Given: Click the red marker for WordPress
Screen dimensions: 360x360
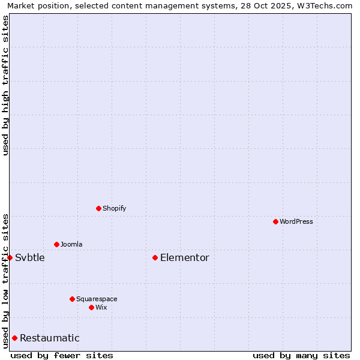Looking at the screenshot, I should (275, 221).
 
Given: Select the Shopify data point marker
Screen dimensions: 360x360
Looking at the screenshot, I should (98, 208).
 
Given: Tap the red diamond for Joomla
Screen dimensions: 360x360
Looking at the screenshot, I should (56, 244).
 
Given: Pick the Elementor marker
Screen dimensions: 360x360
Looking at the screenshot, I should (155, 257).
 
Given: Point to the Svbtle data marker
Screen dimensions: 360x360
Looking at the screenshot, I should (10, 257).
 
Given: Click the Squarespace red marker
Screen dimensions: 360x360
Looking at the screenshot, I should (72, 299).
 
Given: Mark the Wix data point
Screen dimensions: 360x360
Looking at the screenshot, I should (91, 307).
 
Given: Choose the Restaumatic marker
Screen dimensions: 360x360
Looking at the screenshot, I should (14, 338).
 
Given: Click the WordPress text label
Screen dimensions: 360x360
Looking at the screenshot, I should (296, 221).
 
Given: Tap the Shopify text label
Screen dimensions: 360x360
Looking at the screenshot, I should (115, 208).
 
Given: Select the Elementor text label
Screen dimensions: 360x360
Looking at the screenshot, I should (185, 258).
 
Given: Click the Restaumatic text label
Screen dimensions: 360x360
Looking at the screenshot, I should (50, 338).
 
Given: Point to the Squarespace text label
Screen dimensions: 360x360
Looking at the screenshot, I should (97, 299).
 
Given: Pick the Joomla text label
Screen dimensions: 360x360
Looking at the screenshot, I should (71, 244).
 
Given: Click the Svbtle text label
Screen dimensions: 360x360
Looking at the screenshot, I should (30, 258).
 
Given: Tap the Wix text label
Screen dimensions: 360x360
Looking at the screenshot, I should (101, 307).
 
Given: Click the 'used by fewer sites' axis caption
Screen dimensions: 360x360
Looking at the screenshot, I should (62, 355).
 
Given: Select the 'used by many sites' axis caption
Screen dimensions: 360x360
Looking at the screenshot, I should (301, 355).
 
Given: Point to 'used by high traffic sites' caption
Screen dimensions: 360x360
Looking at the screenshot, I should (5, 85).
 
